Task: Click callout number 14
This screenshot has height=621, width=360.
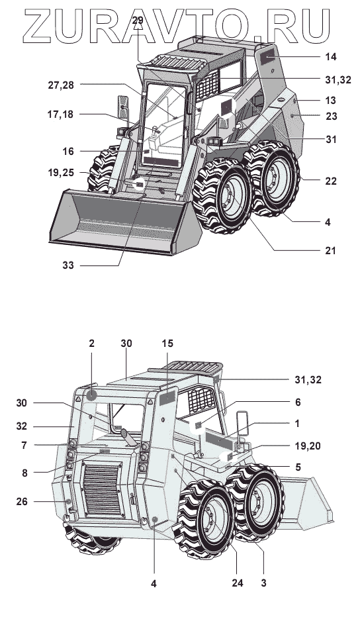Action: (331, 57)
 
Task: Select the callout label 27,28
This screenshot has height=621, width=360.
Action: (61, 85)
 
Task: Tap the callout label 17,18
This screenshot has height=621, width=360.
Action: (60, 115)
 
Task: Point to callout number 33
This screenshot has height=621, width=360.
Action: (68, 265)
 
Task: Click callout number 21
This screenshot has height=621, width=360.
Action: (330, 250)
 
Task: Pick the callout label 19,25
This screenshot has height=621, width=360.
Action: (61, 173)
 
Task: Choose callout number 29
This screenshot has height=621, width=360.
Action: (138, 21)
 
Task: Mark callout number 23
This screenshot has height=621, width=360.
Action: (331, 116)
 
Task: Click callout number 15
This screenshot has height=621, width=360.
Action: (167, 344)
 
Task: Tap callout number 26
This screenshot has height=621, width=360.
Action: (22, 501)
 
